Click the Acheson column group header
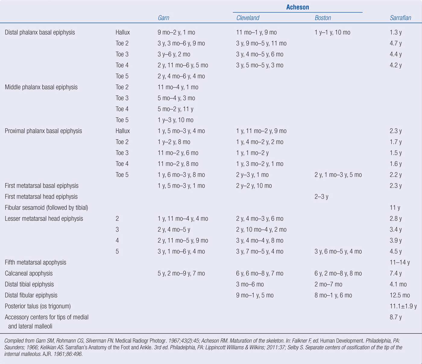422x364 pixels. coord(298,7)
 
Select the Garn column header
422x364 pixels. coord(163,18)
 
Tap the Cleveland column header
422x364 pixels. coord(248,18)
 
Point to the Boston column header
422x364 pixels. coord(323,18)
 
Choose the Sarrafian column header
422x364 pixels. coord(400,18)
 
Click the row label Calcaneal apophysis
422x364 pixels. coord(29,273)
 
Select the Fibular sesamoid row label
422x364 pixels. coord(46,208)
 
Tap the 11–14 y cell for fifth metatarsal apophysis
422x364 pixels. coord(400,262)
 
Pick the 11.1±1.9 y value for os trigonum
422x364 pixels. coord(403,306)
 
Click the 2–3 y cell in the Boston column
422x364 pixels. coord(321,197)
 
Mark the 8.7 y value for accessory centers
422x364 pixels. coord(395,317)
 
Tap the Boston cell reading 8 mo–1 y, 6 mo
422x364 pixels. coord(333,295)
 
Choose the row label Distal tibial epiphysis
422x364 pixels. coord(29,284)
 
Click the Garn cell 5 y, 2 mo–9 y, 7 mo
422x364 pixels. coord(181,273)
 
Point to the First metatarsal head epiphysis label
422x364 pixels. coord(41,197)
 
